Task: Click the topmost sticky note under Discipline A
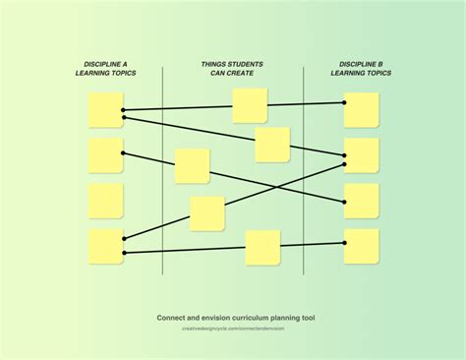point(105,110)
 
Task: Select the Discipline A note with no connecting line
point(105,201)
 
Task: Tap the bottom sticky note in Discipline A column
point(105,246)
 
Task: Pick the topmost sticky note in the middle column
point(250,105)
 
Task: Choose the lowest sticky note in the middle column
point(262,248)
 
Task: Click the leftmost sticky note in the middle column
point(192,166)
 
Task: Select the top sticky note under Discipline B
point(361,110)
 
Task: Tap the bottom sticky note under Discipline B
point(361,246)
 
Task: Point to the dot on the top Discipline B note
point(344,102)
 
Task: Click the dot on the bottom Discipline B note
point(344,243)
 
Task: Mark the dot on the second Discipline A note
point(123,153)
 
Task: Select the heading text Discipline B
point(361,64)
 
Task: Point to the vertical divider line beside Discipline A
point(162,167)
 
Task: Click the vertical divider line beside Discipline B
point(304,167)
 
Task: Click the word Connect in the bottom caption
point(174,318)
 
